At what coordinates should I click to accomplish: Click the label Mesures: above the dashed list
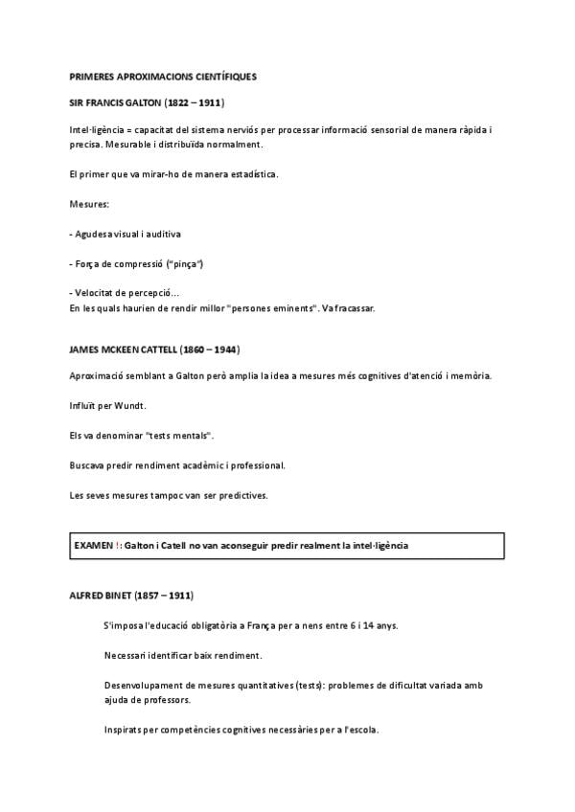point(89,204)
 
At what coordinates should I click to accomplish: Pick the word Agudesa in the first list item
point(96,234)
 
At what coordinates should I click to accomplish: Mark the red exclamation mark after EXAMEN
point(118,545)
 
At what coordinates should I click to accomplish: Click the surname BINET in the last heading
point(120,596)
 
